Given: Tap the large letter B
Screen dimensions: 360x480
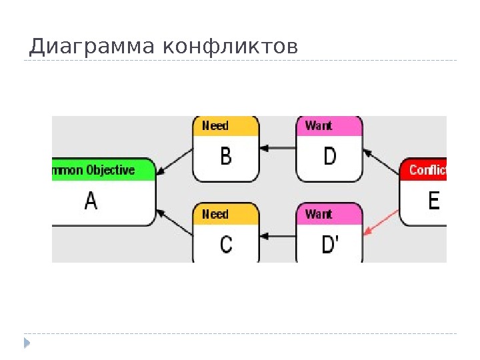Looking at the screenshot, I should pos(225,157).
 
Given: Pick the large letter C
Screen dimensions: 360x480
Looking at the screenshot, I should pos(226,245).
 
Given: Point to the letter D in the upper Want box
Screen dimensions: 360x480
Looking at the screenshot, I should pos(329,157).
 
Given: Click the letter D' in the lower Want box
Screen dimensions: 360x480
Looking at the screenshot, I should pos(330,245).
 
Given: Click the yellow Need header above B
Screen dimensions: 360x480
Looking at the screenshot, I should pos(225,126).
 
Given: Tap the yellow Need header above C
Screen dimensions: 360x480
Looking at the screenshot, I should pos(225,214).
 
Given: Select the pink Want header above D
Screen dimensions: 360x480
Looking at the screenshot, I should pos(329,126).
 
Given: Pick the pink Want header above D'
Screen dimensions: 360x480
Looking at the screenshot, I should pos(329,214).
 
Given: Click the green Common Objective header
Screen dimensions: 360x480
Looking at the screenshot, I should pos(103,170).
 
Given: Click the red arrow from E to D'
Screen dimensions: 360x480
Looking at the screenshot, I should pos(382,222).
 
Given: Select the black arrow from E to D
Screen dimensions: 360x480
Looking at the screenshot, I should pos(382,164).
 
